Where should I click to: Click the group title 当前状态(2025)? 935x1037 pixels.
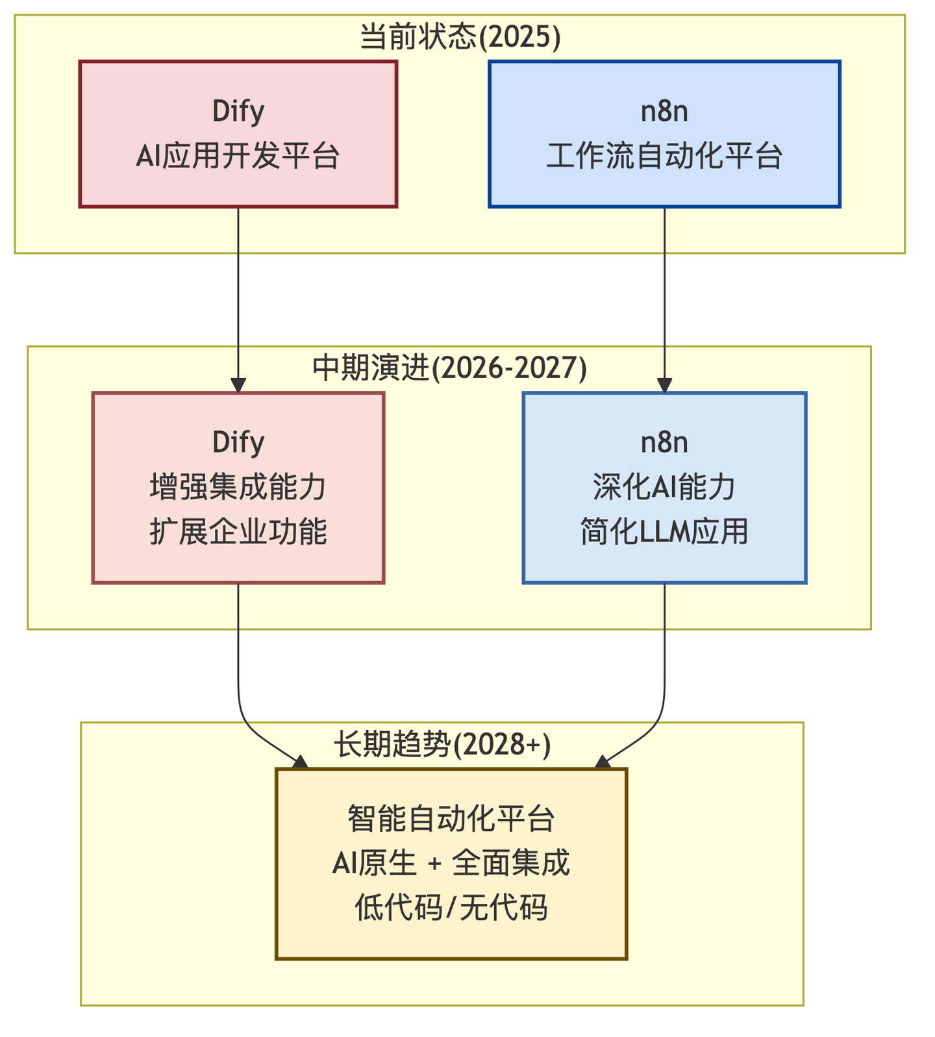[x=460, y=37]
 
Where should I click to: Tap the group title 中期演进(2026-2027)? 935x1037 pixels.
[x=449, y=368]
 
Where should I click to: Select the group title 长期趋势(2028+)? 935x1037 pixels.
[x=442, y=744]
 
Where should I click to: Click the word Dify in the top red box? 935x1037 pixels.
[x=238, y=112]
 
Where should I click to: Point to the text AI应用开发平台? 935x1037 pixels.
[x=238, y=156]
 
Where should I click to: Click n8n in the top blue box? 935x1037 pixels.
[x=664, y=112]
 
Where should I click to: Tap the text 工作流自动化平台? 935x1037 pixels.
[x=664, y=156]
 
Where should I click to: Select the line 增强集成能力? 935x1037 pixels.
[x=238, y=487]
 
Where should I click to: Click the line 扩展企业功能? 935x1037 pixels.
[x=238, y=532]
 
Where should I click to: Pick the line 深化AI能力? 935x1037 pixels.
[x=664, y=487]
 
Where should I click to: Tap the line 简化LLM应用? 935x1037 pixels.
[x=664, y=532]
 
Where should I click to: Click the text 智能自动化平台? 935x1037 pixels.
[x=451, y=818]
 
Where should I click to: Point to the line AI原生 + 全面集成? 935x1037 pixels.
[x=451, y=863]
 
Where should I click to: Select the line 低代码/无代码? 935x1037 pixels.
[x=451, y=908]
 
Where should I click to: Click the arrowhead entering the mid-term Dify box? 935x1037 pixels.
[x=238, y=384]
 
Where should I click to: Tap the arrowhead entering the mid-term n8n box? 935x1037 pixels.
[x=664, y=384]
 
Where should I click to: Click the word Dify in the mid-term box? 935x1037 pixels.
[x=238, y=443]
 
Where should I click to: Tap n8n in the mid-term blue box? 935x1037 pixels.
[x=664, y=443]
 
